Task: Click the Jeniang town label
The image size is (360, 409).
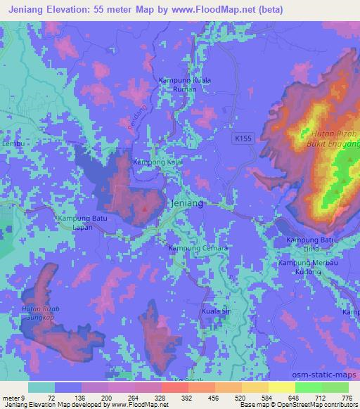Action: pyautogui.click(x=187, y=203)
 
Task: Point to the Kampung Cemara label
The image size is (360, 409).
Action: pyautogui.click(x=198, y=248)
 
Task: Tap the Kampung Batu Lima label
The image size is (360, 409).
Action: pyautogui.click(x=309, y=245)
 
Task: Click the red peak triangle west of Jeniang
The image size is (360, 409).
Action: pyautogui.click(x=145, y=208)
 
